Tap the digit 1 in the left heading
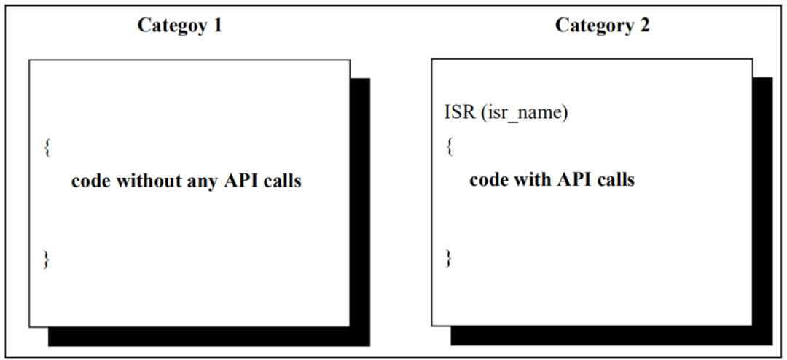click(x=216, y=24)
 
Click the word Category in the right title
click(x=591, y=26)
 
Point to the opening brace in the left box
click(x=47, y=148)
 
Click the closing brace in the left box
click(x=47, y=259)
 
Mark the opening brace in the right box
click(x=449, y=146)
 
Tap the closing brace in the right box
click(x=449, y=257)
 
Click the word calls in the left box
click(x=282, y=181)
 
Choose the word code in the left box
click(x=90, y=181)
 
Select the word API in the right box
click(x=573, y=179)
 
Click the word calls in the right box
click(x=615, y=179)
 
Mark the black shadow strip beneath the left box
click(x=209, y=337)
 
